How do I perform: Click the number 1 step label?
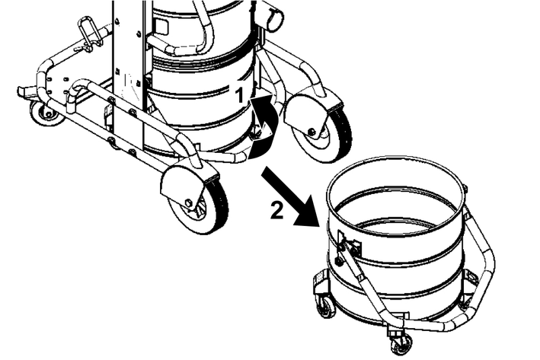pos(241,95)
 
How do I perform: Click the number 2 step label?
pos(277,210)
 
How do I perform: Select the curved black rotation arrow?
pos(265,126)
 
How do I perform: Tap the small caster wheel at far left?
pos(46,113)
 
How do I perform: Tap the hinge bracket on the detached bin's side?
pos(349,245)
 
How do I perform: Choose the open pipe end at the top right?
pos(275,19)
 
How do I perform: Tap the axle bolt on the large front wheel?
pos(189,202)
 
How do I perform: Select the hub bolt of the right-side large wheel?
pos(312,131)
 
